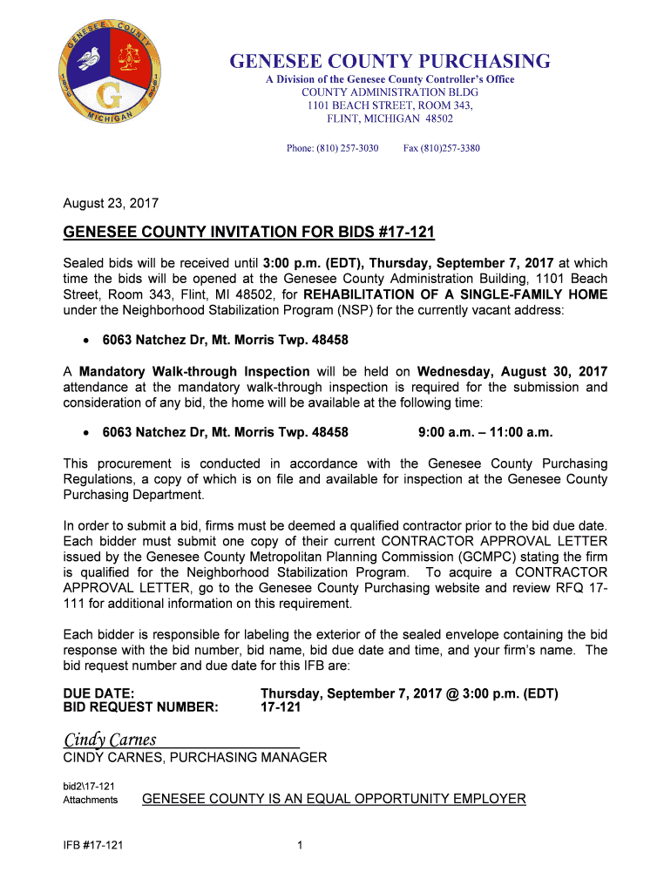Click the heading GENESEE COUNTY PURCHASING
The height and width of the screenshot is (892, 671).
click(x=390, y=61)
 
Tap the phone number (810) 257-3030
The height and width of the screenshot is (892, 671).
click(x=332, y=148)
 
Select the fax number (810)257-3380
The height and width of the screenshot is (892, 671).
click(x=441, y=148)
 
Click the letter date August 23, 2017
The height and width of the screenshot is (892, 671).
click(x=111, y=203)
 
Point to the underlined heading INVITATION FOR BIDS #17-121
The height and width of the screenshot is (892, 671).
click(x=248, y=233)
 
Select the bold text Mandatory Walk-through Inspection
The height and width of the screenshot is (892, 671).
click(x=194, y=371)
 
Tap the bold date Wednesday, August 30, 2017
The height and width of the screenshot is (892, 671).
click(x=512, y=371)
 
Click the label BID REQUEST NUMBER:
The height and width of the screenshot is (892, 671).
click(x=140, y=707)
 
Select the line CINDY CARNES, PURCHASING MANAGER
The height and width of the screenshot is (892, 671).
click(x=195, y=758)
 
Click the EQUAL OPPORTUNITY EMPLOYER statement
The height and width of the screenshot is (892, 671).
click(x=334, y=799)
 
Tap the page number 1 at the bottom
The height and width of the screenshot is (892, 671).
click(x=299, y=844)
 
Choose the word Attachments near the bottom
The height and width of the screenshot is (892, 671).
click(x=91, y=800)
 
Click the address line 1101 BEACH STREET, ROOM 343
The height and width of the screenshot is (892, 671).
click(x=390, y=105)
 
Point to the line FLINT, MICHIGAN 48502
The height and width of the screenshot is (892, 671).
click(x=390, y=118)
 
